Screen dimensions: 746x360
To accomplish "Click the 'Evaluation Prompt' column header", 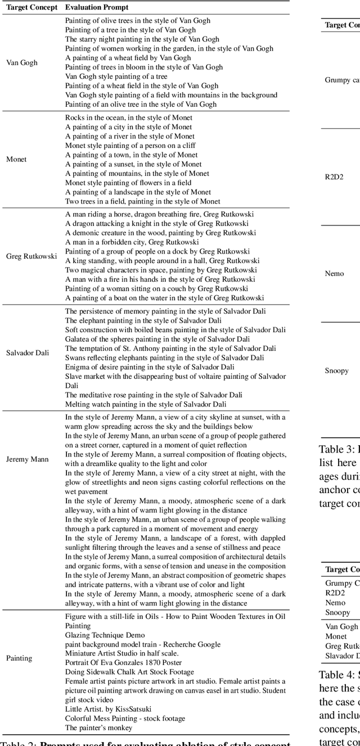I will (96, 7).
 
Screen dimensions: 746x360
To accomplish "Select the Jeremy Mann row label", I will (28, 459).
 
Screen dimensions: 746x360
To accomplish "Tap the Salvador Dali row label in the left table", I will (28, 353).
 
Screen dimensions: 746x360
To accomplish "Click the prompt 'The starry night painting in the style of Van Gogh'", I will (142, 39).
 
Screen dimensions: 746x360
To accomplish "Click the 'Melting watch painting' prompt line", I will (146, 404).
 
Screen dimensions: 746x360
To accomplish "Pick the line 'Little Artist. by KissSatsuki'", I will (108, 709).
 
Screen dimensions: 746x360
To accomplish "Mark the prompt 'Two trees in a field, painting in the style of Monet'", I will (142, 201).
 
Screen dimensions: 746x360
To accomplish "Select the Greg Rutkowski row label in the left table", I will (31, 256).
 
